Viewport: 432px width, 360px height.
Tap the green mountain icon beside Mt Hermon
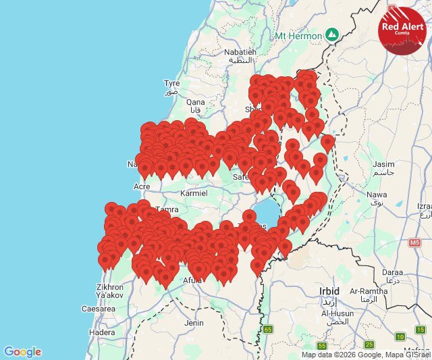[x=331, y=34]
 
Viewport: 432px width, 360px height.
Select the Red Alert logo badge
[x=402, y=29]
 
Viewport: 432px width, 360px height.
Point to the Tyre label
[x=171, y=83]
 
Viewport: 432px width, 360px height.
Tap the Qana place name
[x=195, y=103]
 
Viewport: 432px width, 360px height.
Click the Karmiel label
[x=194, y=193]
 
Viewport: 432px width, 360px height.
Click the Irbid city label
[x=329, y=290]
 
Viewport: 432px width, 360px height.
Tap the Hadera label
[x=102, y=332]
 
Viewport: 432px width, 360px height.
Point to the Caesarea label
[x=98, y=309]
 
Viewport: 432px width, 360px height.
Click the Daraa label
[x=392, y=272]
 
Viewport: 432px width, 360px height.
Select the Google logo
[x=22, y=352]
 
